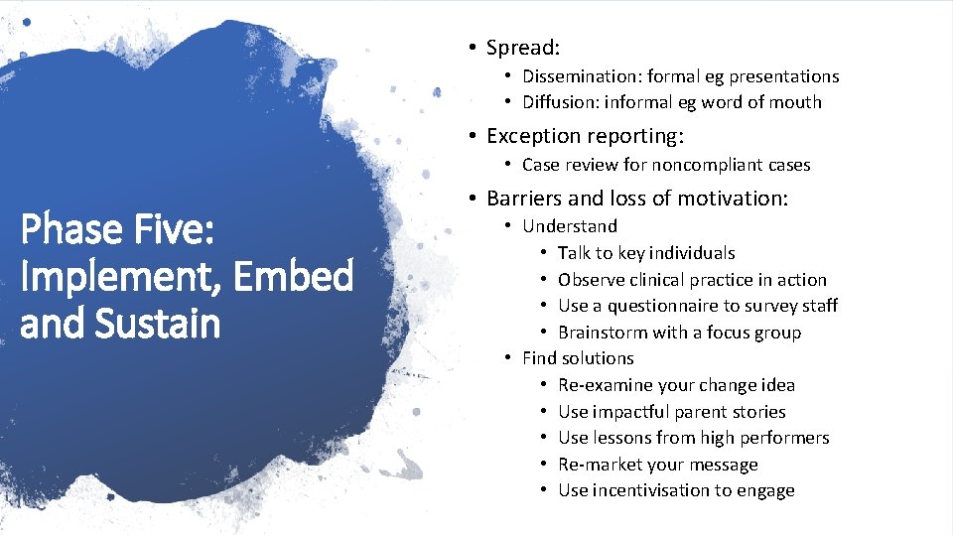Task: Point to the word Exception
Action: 532,136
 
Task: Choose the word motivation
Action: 728,199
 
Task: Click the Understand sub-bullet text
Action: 570,226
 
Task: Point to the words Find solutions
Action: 578,358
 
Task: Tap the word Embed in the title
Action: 294,277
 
